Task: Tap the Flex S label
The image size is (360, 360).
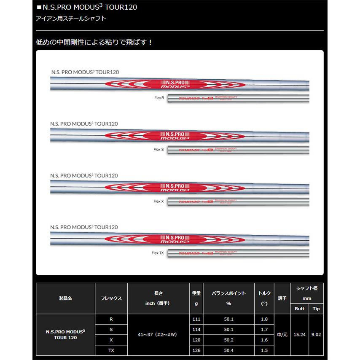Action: [159, 149]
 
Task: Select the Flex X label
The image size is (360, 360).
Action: [159, 201]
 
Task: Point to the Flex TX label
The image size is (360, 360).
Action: [159, 253]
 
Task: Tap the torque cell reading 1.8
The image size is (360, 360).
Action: [264, 319]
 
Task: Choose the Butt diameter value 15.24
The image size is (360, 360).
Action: [299, 334]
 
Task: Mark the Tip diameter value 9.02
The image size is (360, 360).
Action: [316, 334]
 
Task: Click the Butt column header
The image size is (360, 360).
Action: [299, 309]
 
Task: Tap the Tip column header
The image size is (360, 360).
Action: [316, 309]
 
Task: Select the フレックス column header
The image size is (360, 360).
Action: [111, 298]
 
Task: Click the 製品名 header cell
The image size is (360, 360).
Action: [65, 298]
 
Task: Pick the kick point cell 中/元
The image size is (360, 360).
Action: [282, 334]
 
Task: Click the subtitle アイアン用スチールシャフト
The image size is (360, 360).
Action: [70, 19]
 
